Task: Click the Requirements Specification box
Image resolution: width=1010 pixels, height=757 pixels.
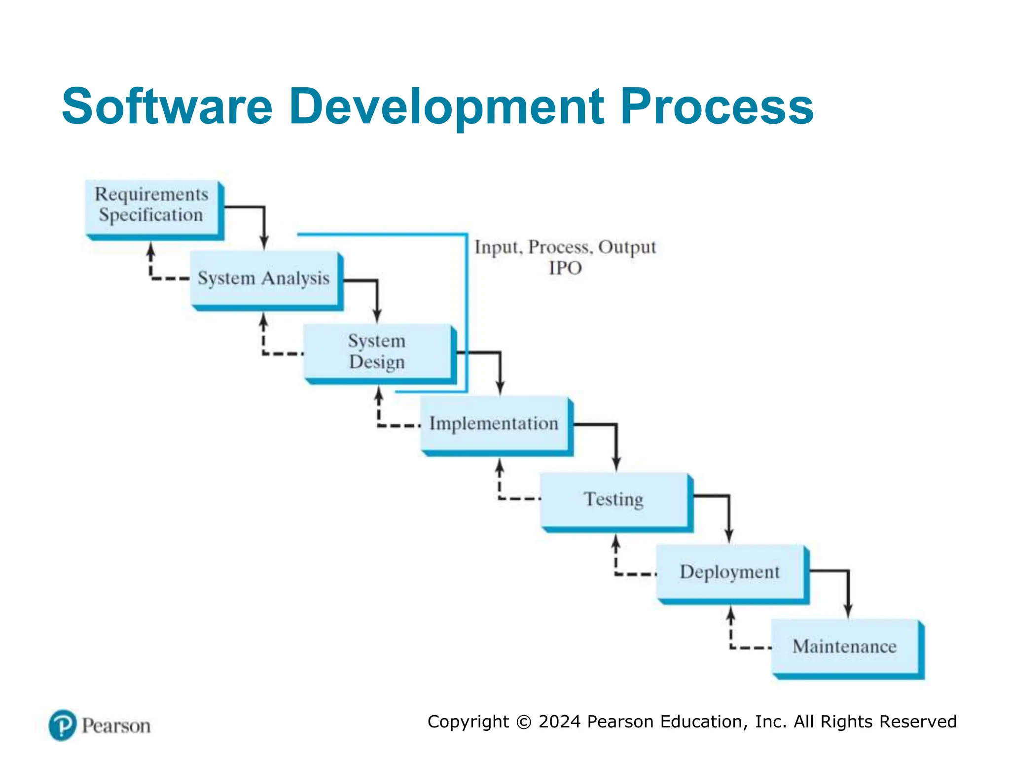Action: click(152, 207)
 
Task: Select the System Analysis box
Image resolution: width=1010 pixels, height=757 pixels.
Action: click(264, 278)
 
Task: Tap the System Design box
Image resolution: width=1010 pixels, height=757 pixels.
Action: click(377, 351)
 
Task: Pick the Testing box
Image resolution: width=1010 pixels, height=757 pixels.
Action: click(614, 499)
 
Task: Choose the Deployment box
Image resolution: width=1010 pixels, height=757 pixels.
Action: click(730, 572)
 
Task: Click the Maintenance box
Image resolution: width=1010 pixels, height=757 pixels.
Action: click(845, 646)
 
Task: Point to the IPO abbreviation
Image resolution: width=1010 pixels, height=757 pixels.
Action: click(565, 268)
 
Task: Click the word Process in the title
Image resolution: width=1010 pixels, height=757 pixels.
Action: click(717, 106)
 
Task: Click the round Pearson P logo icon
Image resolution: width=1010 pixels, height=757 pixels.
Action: click(63, 725)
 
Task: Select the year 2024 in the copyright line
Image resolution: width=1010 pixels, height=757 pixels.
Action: click(560, 722)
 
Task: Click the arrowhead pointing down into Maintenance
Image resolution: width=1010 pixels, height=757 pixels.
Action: click(848, 611)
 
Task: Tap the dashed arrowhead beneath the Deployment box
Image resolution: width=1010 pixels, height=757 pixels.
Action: click(731, 614)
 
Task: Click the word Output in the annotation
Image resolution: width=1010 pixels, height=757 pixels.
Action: click(627, 247)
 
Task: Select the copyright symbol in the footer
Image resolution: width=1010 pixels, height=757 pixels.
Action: click(524, 722)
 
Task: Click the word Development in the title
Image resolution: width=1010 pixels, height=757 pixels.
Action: click(446, 106)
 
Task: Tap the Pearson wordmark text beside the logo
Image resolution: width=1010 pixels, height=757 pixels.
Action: click(116, 726)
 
